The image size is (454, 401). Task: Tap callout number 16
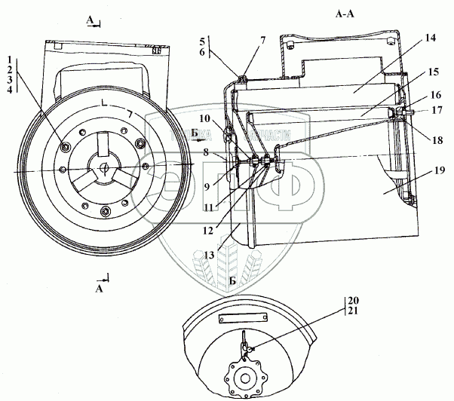[436, 97]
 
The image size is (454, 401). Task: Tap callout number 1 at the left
[8, 59]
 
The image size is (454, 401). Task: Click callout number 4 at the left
[8, 90]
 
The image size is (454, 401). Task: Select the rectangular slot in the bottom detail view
[242, 319]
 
